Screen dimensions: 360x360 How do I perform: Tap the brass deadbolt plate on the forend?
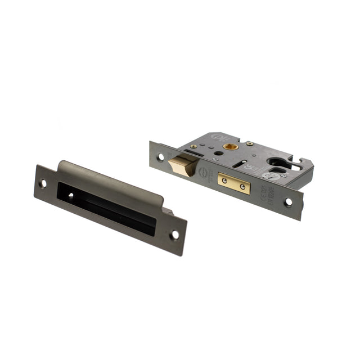point(233,183)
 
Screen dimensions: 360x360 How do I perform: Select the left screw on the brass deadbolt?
point(226,180)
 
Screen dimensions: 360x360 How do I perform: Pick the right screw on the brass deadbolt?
point(242,186)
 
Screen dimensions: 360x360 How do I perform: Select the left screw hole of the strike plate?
point(43,183)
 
